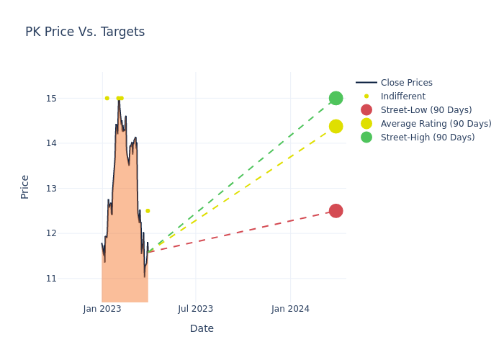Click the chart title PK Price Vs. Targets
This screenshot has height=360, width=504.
(85, 32)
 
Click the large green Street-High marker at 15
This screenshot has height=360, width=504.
(336, 98)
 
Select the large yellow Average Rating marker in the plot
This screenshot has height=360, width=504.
(336, 126)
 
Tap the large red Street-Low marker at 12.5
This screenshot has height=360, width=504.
(336, 211)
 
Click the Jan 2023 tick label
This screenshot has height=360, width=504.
(102, 309)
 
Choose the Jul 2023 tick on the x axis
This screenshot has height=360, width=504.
(195, 309)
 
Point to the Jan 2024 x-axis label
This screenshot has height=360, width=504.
(290, 309)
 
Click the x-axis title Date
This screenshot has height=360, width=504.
(202, 328)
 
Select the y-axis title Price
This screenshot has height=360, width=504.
(25, 186)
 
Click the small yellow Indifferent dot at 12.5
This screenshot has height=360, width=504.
(148, 211)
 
